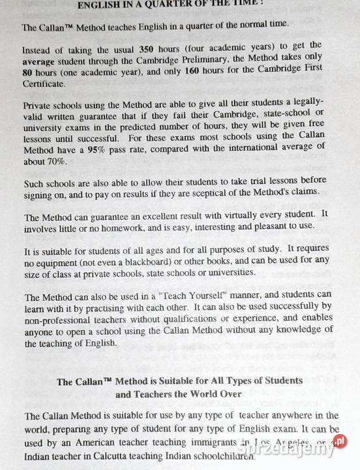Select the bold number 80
tap(27, 72)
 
